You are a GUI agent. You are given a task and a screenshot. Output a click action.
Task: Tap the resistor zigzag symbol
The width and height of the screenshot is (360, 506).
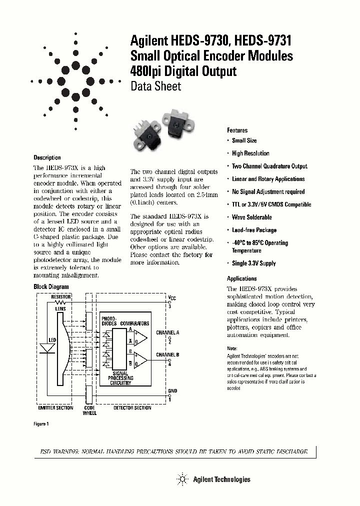pos(60,302)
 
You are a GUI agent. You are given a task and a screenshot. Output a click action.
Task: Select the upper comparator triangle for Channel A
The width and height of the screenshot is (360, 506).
pos(141,337)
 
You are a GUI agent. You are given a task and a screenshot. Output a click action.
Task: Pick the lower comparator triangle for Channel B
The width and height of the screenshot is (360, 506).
pos(141,360)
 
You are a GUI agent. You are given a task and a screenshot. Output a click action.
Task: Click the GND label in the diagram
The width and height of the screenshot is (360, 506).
pos(172,390)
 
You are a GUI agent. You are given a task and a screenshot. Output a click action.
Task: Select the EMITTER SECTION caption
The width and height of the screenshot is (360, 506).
pos(55,407)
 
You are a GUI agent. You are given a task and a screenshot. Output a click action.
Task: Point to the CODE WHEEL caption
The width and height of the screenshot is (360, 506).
pos(89,410)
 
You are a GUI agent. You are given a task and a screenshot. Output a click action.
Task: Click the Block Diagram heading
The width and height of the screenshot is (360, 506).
pos(51,287)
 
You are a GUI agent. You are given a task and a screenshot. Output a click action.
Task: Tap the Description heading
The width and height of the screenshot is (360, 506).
pos(47,157)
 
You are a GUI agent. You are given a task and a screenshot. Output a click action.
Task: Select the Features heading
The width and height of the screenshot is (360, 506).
pos(237,129)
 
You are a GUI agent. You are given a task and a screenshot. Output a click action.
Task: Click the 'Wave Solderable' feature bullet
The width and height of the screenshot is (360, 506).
pos(251,217)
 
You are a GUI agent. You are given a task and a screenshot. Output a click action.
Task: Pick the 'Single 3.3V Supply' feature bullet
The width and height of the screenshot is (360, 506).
pos(253,263)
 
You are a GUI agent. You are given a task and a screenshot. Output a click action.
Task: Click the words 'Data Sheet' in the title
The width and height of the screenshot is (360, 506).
pos(155,86)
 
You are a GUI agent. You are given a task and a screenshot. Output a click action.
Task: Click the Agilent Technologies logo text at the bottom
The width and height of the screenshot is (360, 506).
pos(221,479)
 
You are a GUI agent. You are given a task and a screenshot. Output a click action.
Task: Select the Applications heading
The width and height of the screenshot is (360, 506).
pos(242,278)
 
